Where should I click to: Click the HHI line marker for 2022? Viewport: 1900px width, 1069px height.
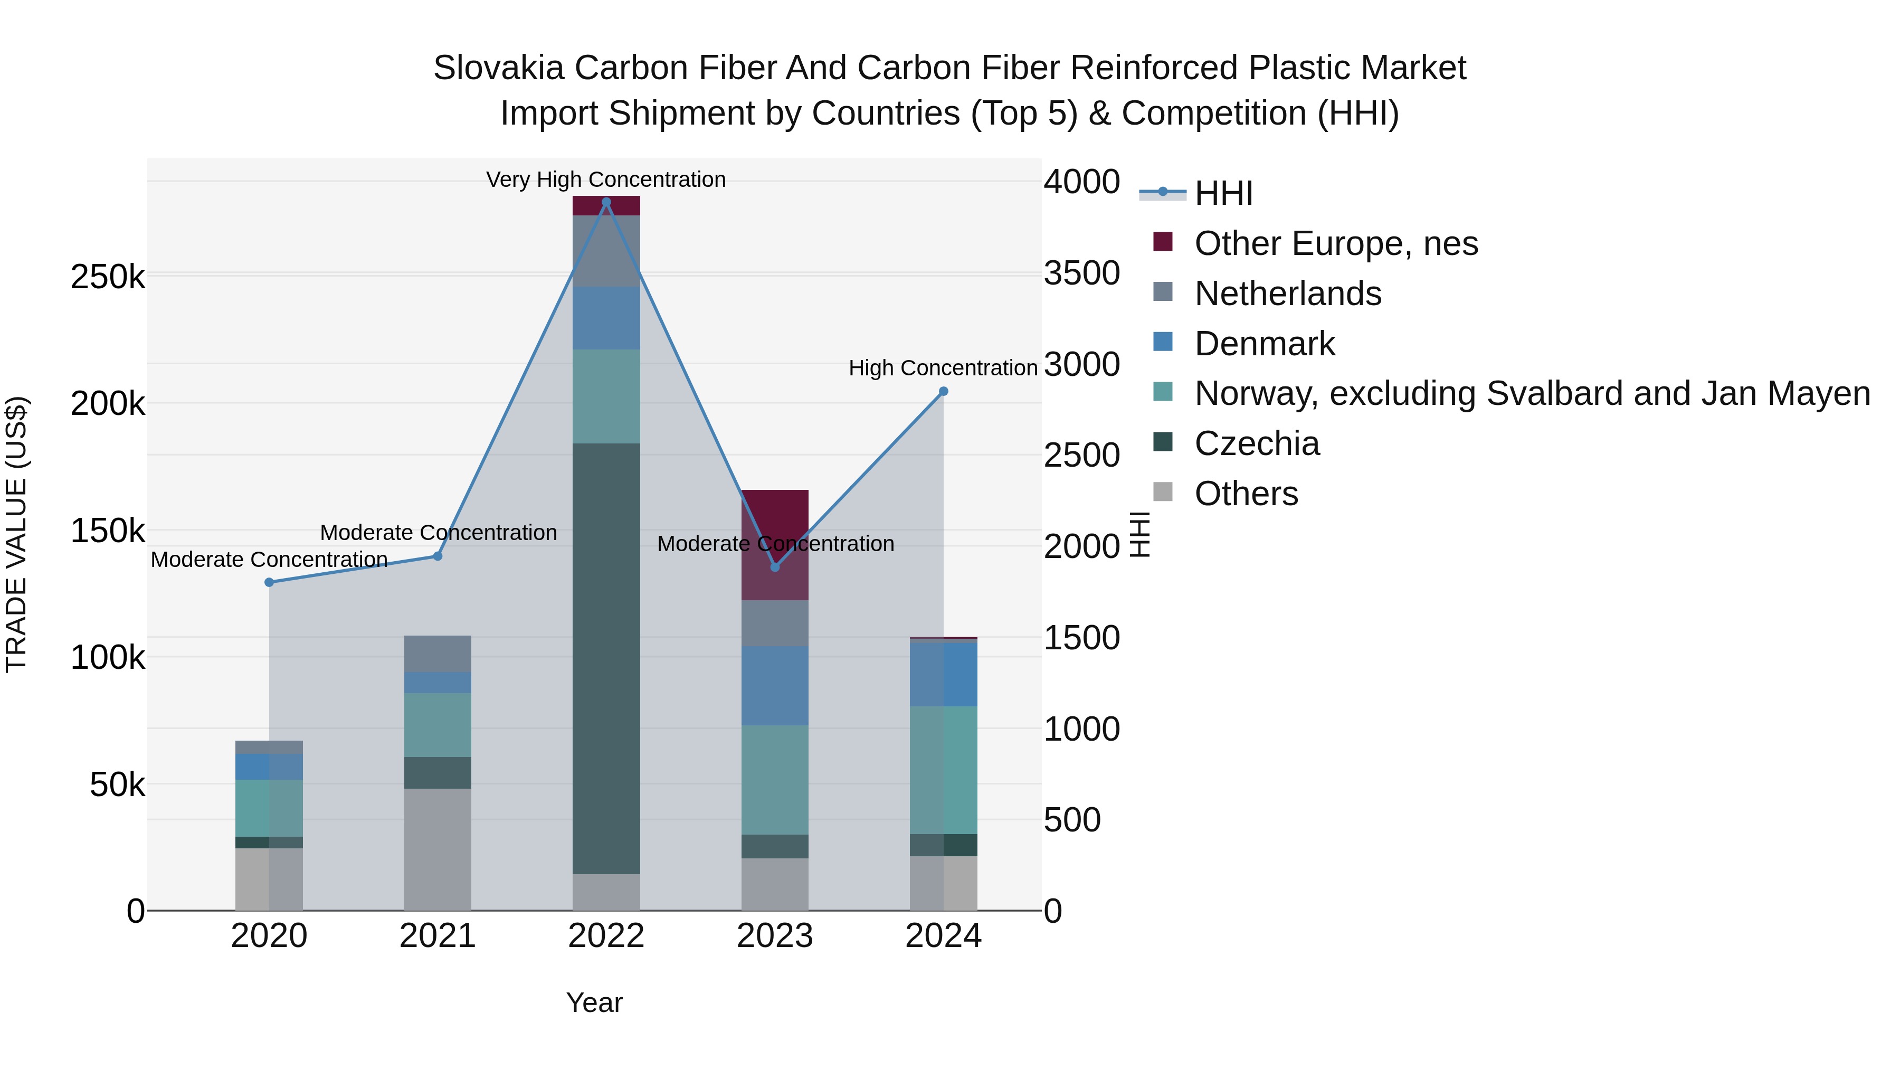(x=606, y=202)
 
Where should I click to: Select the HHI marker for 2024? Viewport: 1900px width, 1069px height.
(x=943, y=392)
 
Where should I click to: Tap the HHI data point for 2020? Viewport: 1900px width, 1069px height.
(x=269, y=582)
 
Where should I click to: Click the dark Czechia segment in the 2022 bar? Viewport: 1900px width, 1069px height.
(x=606, y=658)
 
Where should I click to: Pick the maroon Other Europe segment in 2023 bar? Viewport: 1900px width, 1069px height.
(x=774, y=516)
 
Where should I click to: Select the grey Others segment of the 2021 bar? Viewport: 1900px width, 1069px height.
(x=438, y=848)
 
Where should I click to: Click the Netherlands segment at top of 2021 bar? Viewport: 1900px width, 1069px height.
(x=438, y=654)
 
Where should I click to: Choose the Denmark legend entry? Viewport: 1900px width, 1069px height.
(x=1264, y=344)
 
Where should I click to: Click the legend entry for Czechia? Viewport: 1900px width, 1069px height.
(x=1256, y=443)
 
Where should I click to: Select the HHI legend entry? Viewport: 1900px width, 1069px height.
(x=1223, y=193)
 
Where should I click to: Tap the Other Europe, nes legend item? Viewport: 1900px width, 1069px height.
(x=1335, y=243)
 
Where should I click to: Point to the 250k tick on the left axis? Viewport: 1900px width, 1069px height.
(x=108, y=277)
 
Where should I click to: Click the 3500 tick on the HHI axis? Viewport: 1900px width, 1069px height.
(x=1081, y=273)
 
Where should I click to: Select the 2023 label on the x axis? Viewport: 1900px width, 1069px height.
(x=774, y=936)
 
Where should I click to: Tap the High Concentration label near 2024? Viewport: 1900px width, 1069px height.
(x=943, y=367)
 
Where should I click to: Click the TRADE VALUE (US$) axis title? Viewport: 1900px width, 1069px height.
(x=16, y=534)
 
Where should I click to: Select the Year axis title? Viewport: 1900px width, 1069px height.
(x=594, y=1002)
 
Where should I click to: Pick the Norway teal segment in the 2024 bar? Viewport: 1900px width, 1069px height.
(x=943, y=770)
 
